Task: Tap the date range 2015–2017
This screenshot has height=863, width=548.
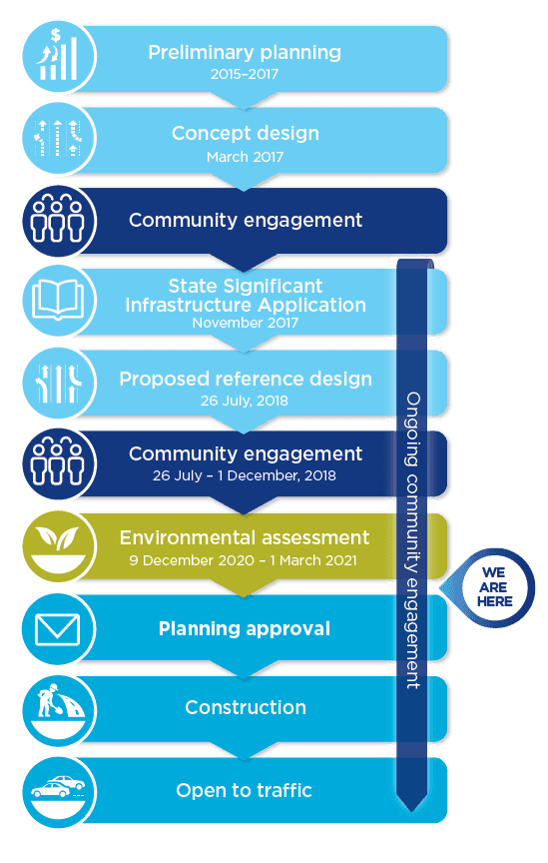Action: tap(245, 74)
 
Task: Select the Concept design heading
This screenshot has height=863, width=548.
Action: tap(246, 133)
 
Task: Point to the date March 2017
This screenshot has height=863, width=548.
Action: tap(245, 157)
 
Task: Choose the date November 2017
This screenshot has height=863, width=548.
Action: tap(246, 323)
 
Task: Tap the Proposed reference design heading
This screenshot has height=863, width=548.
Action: tap(246, 380)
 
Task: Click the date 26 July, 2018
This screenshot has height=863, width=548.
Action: tap(245, 401)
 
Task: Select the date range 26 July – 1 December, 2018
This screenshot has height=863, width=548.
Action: tap(245, 475)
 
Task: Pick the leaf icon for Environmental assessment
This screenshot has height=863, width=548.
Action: tap(59, 546)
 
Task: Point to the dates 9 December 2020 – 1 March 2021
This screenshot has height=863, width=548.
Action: tap(243, 560)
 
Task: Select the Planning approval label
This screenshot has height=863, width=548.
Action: tap(245, 629)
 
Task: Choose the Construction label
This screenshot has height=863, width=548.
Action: tap(246, 708)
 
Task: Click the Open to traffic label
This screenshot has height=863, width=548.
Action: tap(244, 790)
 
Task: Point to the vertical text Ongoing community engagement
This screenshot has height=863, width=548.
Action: tap(412, 540)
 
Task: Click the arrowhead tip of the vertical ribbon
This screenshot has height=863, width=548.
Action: tap(411, 811)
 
